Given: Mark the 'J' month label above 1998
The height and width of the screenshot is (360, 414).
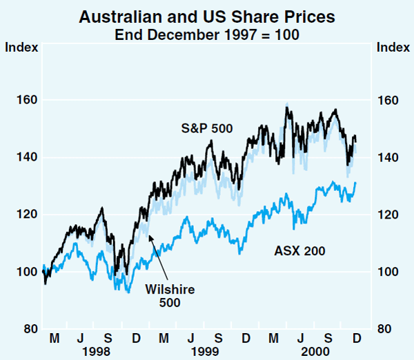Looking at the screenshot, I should tap(81, 339).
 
